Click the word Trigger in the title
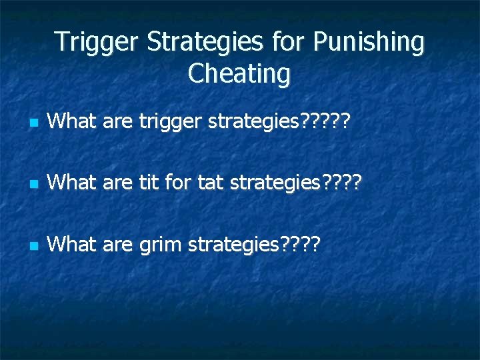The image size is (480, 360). [x=97, y=42]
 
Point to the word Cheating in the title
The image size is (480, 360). [x=239, y=74]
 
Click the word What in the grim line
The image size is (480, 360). [x=72, y=245]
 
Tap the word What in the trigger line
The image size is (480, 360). [x=72, y=122]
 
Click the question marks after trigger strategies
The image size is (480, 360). [x=326, y=122]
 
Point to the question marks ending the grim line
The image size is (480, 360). [x=301, y=245]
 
